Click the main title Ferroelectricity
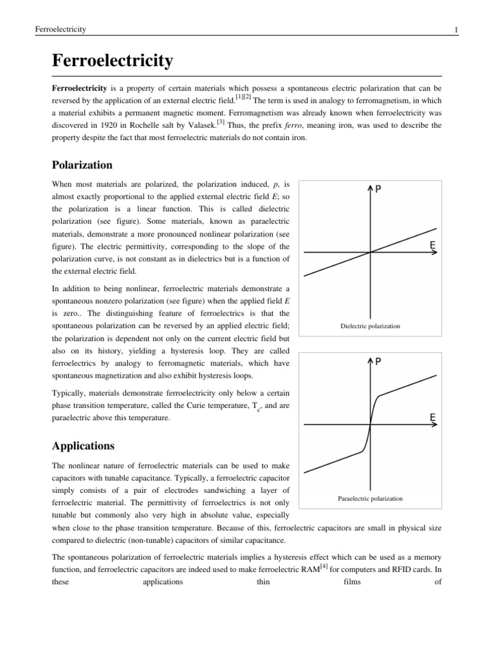[112, 61]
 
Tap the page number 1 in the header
[437, 30]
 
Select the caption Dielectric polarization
[370, 326]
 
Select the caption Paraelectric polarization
[370, 498]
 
